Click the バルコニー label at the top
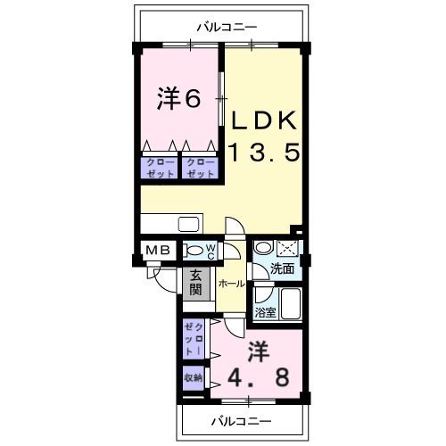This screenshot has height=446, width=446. [x=222, y=25]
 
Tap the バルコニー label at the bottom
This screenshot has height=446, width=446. [x=241, y=419]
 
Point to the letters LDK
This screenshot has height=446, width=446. [x=263, y=120]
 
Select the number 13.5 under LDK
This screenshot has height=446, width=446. [x=261, y=153]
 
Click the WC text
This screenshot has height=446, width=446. [x=211, y=252]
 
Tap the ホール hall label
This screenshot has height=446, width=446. [x=229, y=283]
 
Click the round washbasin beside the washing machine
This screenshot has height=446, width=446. [x=262, y=248]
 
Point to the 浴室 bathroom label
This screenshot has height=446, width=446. [x=265, y=312]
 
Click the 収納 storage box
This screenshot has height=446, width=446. [x=194, y=377]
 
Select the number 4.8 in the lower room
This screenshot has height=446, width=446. [x=256, y=376]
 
